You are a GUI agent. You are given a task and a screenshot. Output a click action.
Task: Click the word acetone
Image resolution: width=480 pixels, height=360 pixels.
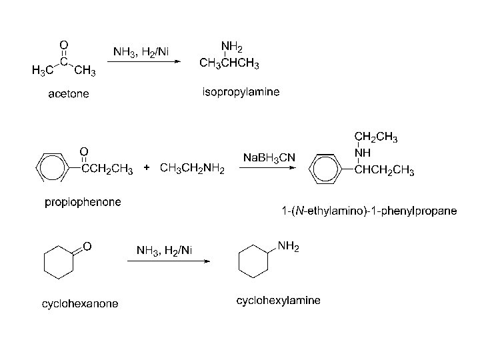click(x=69, y=93)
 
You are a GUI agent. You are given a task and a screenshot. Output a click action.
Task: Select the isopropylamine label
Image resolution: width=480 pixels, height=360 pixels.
click(x=241, y=91)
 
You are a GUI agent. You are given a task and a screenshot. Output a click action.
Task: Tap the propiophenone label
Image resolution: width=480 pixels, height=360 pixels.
click(x=83, y=201)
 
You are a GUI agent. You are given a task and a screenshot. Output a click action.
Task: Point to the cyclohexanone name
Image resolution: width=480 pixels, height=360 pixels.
click(x=80, y=304)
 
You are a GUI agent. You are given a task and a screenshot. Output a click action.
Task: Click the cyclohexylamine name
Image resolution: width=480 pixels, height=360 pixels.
click(x=278, y=301)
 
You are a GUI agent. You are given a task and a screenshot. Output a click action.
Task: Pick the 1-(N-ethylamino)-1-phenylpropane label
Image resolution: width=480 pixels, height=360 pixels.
click(x=369, y=211)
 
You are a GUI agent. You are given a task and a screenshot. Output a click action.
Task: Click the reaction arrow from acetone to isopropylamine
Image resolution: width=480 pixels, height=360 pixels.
click(x=144, y=62)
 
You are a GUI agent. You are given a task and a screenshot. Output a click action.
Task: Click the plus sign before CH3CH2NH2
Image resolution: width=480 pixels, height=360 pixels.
click(x=147, y=169)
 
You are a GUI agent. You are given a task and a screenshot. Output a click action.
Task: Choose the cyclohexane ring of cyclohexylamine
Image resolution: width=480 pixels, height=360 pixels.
click(x=254, y=262)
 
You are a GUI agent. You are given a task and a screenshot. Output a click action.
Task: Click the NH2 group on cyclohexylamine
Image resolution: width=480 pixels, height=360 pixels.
click(x=288, y=247)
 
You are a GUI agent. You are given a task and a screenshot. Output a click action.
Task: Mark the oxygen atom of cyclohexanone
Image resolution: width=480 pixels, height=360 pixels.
click(x=87, y=245)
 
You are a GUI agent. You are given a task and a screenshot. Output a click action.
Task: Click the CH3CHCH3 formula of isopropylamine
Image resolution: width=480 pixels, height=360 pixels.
click(x=230, y=64)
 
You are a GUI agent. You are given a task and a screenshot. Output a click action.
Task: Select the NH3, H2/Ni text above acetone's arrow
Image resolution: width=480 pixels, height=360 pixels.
click(x=141, y=51)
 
